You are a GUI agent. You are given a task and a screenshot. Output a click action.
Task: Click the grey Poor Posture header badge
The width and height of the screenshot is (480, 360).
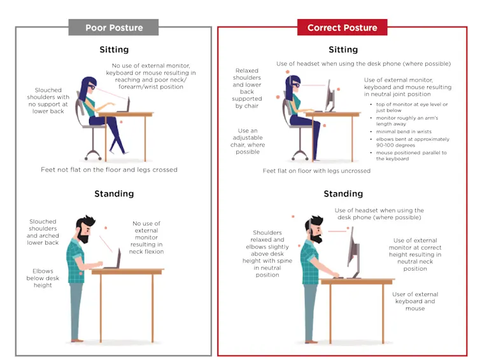114,27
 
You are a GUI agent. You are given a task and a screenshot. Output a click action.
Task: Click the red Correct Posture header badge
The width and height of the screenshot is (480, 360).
342,27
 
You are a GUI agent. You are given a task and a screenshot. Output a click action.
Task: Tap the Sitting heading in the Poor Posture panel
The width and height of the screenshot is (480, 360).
114,49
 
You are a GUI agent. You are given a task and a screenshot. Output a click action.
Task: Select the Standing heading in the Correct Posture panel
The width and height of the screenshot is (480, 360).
343,194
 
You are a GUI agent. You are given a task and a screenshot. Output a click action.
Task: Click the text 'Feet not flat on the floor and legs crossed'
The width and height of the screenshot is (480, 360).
109,169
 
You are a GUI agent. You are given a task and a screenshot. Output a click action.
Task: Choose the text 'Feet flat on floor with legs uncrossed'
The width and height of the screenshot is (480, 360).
316,171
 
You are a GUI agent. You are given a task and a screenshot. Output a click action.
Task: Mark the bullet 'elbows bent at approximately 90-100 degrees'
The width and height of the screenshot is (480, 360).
412,142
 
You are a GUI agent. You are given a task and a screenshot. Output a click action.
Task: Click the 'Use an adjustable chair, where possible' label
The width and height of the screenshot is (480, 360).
248,141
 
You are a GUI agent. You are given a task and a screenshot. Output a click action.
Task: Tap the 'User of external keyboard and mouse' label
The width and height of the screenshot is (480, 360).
415,301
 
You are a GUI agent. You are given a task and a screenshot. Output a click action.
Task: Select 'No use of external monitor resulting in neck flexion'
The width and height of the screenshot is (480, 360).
146,238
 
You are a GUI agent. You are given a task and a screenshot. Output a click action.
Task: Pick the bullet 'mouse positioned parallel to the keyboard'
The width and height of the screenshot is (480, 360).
411,155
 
